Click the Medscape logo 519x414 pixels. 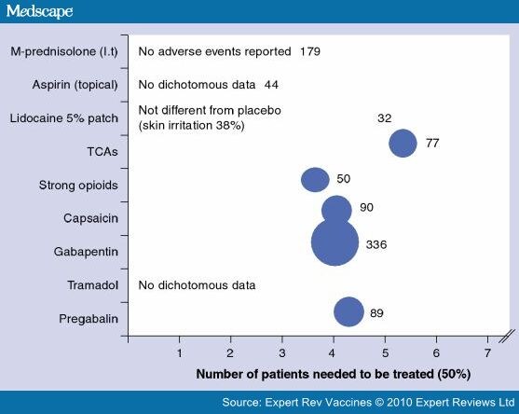(x=39, y=11)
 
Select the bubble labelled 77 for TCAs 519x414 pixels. (x=403, y=143)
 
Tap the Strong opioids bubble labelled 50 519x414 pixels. (x=315, y=180)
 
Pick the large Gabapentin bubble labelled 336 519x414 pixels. (x=335, y=242)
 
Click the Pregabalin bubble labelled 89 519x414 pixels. (x=348, y=311)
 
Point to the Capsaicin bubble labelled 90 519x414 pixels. (x=336, y=209)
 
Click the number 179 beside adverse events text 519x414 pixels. (x=310, y=51)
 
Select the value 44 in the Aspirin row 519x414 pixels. (x=271, y=85)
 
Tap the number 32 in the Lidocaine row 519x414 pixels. (x=384, y=118)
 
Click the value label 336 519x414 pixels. (x=376, y=244)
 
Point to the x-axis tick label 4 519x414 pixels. (x=332, y=353)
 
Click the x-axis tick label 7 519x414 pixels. (x=487, y=353)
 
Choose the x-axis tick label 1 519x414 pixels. (x=180, y=353)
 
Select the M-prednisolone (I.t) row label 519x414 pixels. (x=64, y=51)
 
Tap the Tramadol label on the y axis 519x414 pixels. (x=92, y=285)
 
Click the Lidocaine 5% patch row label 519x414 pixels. (x=64, y=118)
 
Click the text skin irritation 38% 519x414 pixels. (x=191, y=126)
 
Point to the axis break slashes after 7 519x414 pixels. (x=507, y=337)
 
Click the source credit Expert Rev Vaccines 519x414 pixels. (x=318, y=403)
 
